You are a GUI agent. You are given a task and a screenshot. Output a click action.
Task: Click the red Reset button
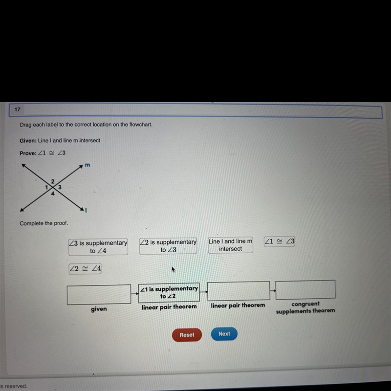tap(187, 335)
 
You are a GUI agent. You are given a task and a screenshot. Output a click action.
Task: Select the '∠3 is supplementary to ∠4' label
tap(98, 247)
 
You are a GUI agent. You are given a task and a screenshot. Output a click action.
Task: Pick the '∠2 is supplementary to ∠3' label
tap(168, 246)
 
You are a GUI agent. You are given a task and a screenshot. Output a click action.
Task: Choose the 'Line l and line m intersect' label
tap(230, 245)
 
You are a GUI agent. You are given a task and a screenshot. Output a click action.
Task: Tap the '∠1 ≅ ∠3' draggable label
tap(279, 241)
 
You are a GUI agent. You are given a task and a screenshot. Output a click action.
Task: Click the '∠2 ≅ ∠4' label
tap(85, 268)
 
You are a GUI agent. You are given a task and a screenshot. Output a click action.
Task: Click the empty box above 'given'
tap(99, 295)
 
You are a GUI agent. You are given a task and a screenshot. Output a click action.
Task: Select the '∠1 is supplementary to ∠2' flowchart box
tap(169, 293)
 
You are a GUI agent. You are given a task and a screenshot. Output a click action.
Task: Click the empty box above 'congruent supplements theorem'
tap(305, 290)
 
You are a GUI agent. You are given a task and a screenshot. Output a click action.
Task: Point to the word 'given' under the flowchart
tap(99, 309)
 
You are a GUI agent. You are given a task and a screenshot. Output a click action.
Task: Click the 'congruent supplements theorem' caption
tap(305, 307)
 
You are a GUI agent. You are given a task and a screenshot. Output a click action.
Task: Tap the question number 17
tap(17, 109)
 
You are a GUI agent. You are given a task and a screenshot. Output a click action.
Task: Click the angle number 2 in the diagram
tap(53, 181)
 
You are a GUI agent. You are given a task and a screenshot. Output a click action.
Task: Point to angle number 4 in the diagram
tap(53, 193)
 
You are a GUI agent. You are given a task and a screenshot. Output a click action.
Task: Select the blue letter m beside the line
tap(87, 165)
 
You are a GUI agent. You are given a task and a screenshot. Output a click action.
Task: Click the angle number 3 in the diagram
tap(60, 187)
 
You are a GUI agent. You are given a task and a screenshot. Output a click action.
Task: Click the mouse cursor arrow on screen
tap(174, 270)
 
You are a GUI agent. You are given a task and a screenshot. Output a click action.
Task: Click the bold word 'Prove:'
tap(28, 153)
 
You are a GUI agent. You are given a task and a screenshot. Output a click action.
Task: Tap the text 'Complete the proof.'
tap(44, 223)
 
